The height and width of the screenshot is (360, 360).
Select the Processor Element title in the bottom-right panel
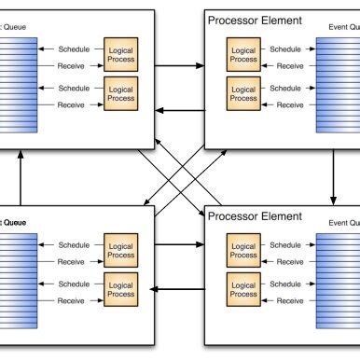(255, 216)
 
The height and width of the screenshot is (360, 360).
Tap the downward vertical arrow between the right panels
(333, 177)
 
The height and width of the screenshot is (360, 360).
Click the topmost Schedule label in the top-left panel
(75, 48)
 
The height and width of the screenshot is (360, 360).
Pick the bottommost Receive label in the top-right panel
(289, 104)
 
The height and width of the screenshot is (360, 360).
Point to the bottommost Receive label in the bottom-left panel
(75, 300)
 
